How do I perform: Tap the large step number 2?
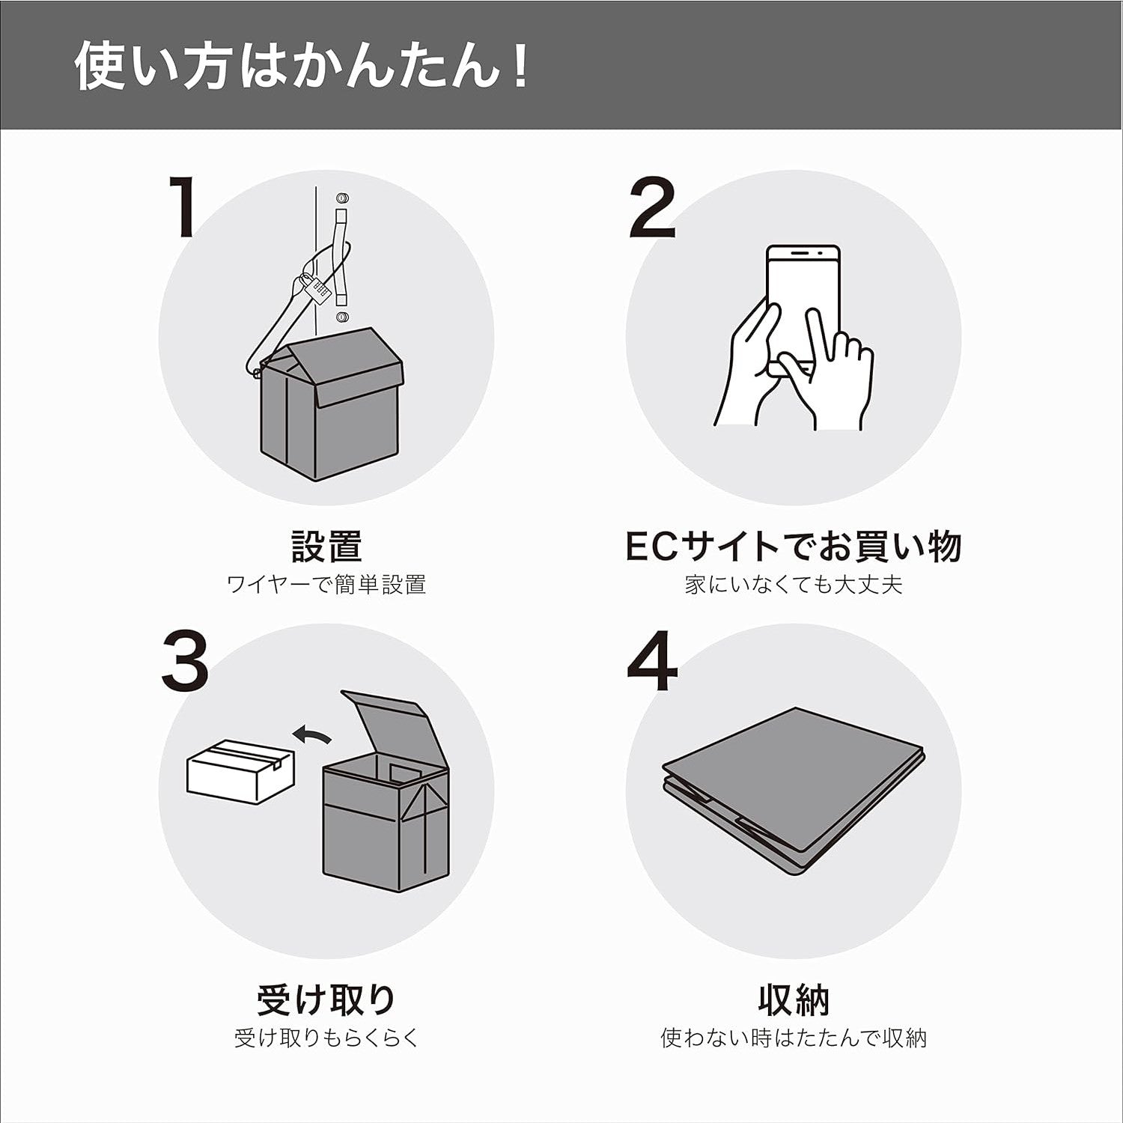[652, 210]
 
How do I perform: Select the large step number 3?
[185, 660]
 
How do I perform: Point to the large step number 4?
[652, 662]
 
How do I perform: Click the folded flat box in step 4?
[794, 786]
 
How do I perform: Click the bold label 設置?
[326, 547]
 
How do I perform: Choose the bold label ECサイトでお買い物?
[793, 547]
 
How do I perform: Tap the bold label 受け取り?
[326, 999]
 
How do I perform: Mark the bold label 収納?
[794, 999]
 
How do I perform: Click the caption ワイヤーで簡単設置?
[326, 585]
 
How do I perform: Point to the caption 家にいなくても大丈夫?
[794, 585]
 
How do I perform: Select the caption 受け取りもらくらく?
[326, 1038]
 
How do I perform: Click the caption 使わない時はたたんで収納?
[794, 1038]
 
